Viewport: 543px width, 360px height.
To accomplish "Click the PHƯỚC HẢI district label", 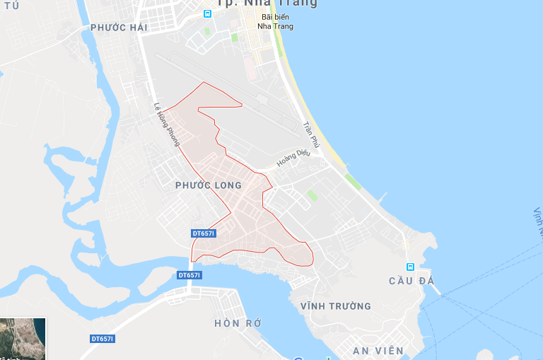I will (x=118, y=28).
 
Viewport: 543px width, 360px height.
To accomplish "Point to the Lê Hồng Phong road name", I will (x=167, y=126).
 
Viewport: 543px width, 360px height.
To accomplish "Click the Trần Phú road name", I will (x=310, y=134).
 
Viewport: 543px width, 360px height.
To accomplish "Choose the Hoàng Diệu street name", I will (x=293, y=158).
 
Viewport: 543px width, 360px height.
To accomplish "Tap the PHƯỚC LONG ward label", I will (x=208, y=185).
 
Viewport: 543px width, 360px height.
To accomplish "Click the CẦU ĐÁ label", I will (x=411, y=281).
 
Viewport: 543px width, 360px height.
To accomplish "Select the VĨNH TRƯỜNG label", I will (x=335, y=306).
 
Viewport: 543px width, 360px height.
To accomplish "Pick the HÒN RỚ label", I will (x=238, y=323).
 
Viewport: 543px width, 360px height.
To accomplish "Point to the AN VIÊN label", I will (x=379, y=350).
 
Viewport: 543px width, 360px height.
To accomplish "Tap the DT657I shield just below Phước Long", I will (x=204, y=233).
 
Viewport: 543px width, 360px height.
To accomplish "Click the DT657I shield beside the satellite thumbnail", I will (x=103, y=339).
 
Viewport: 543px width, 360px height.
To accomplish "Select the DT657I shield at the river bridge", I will (x=189, y=275).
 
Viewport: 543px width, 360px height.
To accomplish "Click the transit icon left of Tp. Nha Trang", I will (x=207, y=13).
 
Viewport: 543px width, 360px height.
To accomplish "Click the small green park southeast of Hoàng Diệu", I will (x=312, y=194).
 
